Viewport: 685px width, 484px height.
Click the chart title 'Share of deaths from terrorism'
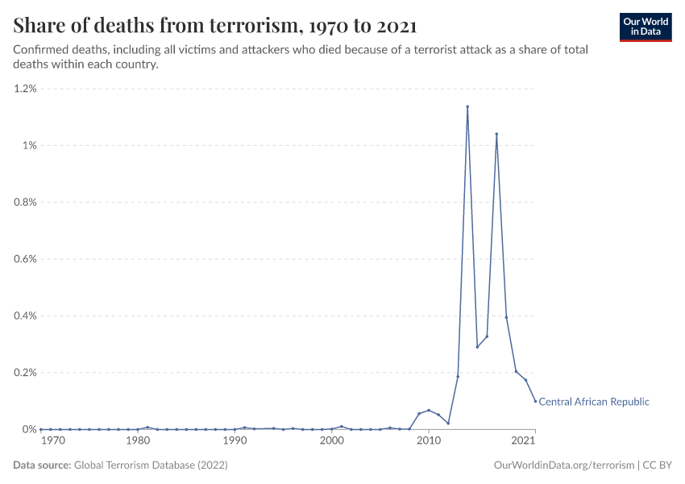[x=215, y=26]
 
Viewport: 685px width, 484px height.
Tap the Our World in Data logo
[x=645, y=27]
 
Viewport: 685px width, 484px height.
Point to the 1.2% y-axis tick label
[x=26, y=89]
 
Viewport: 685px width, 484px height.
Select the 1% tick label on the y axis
[x=30, y=145]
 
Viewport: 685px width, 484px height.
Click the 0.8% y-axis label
[x=26, y=202]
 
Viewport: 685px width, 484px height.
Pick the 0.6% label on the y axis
[x=26, y=259]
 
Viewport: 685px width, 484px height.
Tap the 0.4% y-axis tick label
[x=26, y=316]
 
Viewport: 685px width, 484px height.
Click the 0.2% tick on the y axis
[x=26, y=373]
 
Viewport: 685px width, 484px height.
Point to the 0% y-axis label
[x=30, y=429]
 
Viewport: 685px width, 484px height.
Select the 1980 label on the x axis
[x=138, y=441]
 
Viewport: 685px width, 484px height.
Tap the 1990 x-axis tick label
[x=235, y=441]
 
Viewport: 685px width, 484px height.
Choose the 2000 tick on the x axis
[x=331, y=441]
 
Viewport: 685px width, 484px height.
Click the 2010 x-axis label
[x=428, y=441]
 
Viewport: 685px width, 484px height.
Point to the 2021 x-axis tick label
[x=524, y=441]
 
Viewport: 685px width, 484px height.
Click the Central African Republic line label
[x=593, y=402]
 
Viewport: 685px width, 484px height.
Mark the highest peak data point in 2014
[x=467, y=106]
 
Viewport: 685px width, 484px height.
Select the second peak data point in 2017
[x=496, y=134]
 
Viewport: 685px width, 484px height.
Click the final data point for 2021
[x=535, y=401]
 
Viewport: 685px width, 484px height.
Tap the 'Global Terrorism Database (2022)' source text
[x=151, y=465]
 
